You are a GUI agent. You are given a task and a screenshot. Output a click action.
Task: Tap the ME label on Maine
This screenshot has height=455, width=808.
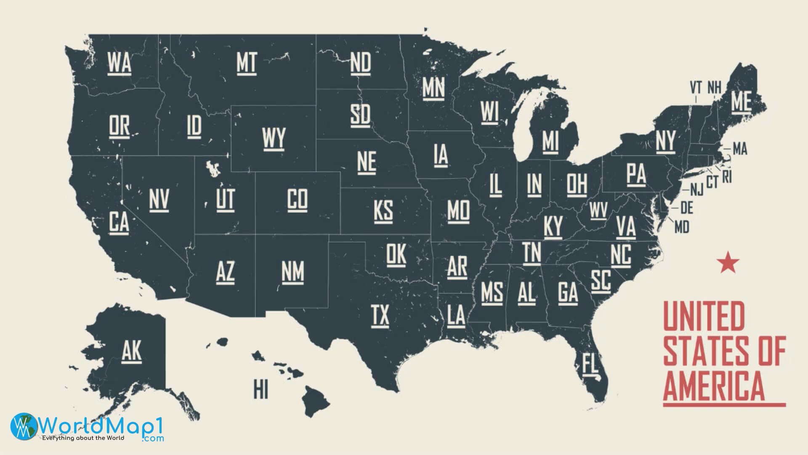[x=741, y=101]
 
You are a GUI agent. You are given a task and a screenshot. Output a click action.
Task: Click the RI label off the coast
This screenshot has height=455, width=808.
[x=727, y=178]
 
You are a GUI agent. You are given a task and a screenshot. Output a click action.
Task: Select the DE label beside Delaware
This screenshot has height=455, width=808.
[x=686, y=207]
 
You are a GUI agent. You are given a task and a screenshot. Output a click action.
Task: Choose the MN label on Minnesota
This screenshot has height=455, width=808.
[x=433, y=87]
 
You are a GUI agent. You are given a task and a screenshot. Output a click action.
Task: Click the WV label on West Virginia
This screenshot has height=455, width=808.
[x=598, y=210]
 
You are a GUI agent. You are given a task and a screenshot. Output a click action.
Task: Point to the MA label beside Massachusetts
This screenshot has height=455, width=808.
[x=740, y=149]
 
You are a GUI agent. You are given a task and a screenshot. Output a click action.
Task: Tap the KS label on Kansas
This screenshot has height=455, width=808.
[x=383, y=210]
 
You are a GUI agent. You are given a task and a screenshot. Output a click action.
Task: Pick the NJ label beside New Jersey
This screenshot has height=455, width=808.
[x=696, y=190]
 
